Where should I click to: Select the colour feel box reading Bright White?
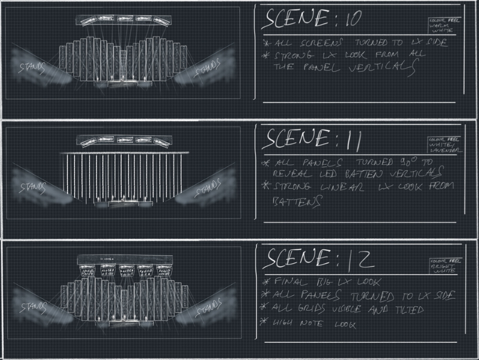point(444,266)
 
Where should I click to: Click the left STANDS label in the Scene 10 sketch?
point(32,67)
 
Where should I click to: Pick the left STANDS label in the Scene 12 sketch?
point(32,307)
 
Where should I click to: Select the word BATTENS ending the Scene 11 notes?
point(290,202)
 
